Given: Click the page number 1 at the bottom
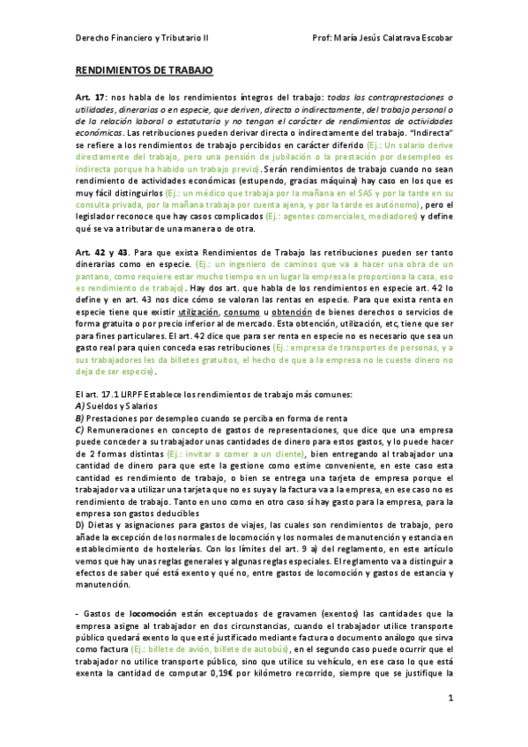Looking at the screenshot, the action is tap(450, 699).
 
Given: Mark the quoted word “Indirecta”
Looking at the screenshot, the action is tap(433, 131).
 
